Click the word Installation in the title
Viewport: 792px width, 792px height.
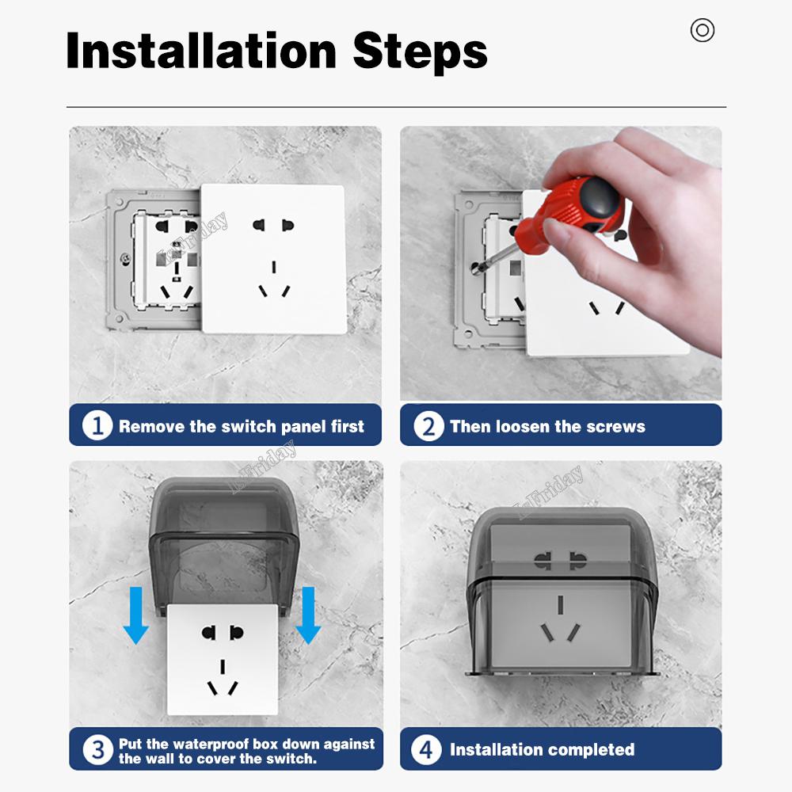201,51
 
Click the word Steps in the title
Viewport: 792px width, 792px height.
420,52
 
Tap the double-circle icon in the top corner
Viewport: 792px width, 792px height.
702,30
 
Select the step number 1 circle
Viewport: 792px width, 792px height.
97,425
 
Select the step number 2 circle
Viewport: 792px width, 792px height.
428,426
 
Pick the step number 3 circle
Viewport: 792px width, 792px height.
97,749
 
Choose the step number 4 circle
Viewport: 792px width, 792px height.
426,749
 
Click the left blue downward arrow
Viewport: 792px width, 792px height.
136,615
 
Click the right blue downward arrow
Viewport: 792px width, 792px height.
308,615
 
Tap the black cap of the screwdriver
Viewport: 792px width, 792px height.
600,200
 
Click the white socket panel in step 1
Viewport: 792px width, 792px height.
273,259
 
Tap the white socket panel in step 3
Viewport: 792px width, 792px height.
223,659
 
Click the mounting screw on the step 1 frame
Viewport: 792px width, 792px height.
125,260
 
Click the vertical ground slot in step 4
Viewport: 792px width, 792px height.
560,604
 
